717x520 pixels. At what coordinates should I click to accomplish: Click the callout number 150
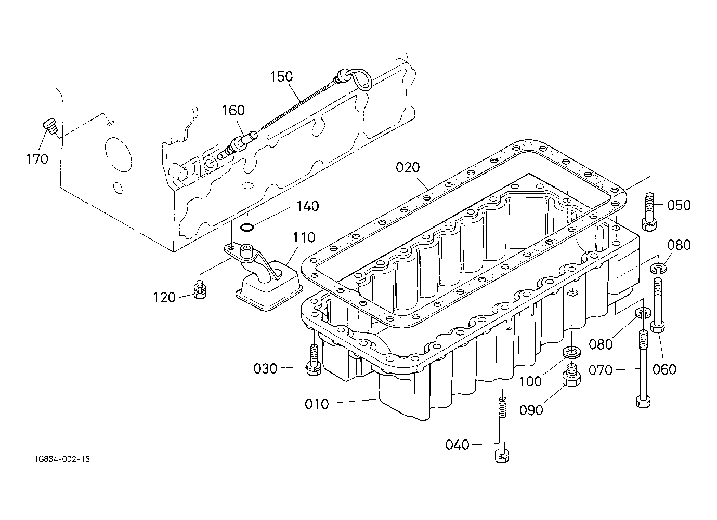282,77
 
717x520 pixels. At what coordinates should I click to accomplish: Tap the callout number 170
37,159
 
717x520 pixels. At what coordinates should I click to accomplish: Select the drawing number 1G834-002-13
62,459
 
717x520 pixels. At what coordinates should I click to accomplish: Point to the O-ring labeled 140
247,228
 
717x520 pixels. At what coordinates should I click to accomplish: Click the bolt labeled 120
200,289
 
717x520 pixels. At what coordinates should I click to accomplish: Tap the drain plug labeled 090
571,376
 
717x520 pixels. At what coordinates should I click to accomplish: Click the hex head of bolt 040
502,456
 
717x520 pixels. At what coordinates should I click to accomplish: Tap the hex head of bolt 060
657,327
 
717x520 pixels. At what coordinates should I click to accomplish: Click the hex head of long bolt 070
643,402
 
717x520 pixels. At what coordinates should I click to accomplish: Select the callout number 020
408,168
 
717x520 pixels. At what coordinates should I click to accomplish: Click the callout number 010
317,404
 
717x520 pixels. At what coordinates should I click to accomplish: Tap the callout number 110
304,237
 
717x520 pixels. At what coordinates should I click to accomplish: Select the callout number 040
458,445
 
